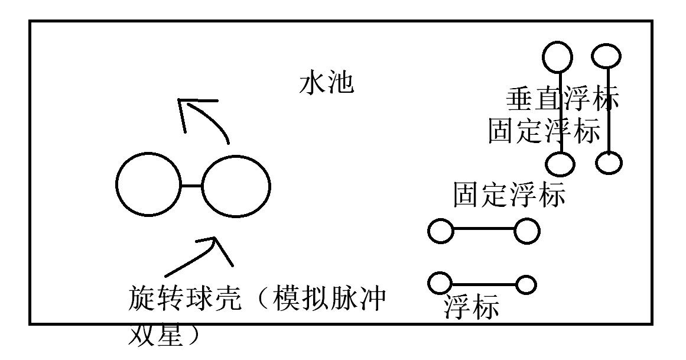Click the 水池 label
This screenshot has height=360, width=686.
327,84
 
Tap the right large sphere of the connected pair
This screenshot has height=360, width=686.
236,185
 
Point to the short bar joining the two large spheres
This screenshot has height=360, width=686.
191,186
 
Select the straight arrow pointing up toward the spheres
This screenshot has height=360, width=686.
201,254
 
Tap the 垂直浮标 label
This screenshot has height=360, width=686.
562,99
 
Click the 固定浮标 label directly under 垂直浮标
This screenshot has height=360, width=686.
544,131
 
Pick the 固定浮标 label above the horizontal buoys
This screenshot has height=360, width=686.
509,194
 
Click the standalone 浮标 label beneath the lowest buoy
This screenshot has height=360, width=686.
472,307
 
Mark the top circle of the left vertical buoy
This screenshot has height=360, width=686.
557,56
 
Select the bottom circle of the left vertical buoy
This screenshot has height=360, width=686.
560,163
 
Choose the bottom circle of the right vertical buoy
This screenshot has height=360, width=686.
609,161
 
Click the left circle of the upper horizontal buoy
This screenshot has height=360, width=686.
440,231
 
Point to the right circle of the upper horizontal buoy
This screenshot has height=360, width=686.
526,231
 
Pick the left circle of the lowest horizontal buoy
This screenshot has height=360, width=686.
440,282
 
